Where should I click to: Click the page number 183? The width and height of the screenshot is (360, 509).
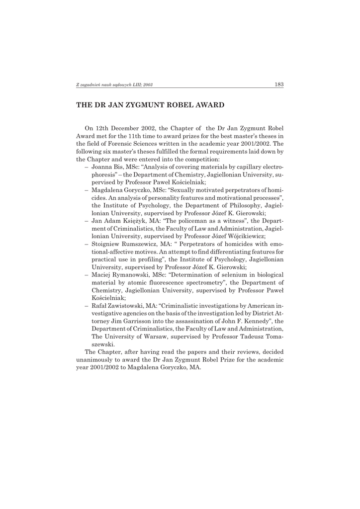pos(279,85)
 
